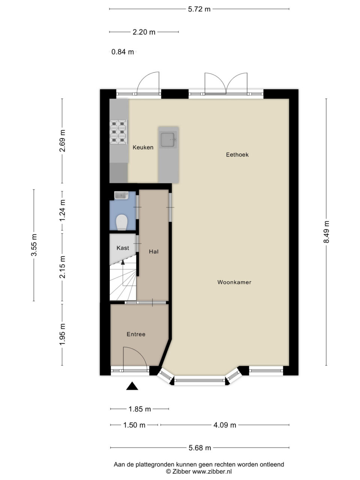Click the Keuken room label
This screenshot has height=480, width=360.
pos(143,147)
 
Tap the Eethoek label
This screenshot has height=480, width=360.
pos(237,155)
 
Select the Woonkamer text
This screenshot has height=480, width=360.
pos(234,282)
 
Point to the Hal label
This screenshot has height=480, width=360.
pos(154,252)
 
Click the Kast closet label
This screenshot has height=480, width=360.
pos(123,248)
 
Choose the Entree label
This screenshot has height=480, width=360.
pos(136,334)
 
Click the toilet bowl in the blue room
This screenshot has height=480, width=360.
pos(122,222)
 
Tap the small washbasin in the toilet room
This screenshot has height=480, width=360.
pos(121,195)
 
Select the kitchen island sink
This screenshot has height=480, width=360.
pos(168,139)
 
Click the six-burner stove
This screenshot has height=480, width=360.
pos(118,132)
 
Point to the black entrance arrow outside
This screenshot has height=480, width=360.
pos(132,386)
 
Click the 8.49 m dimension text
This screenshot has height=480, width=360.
pos(326,232)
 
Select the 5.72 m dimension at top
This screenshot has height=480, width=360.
pos(199,9)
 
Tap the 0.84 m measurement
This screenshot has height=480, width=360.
pos(122,52)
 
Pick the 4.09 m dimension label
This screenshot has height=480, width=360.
pos(225,425)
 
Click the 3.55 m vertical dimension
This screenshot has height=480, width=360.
pos(34,245)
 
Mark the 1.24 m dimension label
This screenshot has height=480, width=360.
pos(62,210)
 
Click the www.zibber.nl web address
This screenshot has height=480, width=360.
pos(212,471)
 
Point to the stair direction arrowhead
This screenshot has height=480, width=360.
pos(123,262)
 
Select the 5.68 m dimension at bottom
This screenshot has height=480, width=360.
pos(200,448)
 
